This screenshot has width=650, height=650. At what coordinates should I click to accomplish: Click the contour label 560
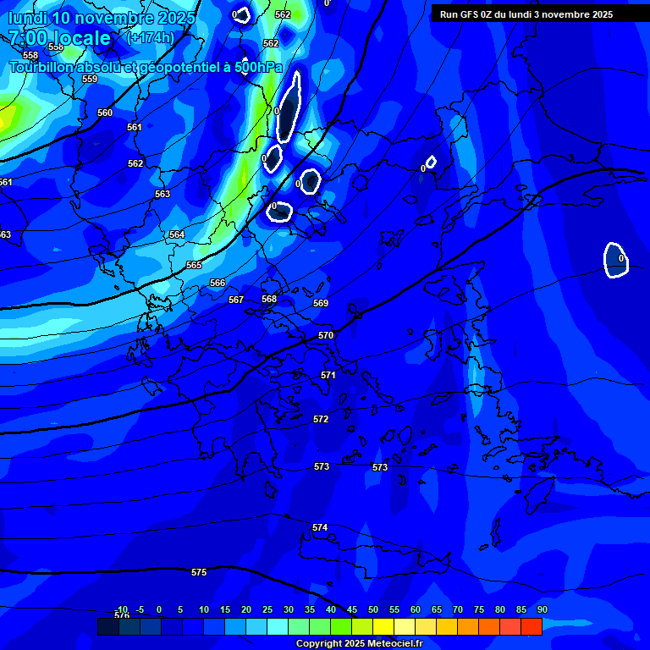[105, 113]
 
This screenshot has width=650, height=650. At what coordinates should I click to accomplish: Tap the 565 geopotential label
[194, 265]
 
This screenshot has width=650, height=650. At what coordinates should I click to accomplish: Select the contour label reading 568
[269, 299]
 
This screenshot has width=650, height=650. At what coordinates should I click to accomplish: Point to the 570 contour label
[326, 335]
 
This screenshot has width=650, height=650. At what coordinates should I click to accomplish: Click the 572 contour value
[321, 419]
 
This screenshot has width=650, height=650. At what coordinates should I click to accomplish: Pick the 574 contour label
[319, 527]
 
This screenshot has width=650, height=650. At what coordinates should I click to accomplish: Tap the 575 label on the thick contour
[199, 572]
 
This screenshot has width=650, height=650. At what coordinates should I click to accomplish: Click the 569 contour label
[321, 303]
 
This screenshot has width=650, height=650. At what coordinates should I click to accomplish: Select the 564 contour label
[176, 234]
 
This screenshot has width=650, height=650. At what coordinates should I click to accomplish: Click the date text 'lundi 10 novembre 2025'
[102, 18]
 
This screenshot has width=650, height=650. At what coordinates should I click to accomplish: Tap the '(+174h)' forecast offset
[150, 38]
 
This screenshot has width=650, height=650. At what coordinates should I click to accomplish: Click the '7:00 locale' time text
[59, 38]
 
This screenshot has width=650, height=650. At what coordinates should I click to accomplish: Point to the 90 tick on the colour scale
[542, 609]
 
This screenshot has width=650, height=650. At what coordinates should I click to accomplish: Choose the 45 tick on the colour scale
[351, 609]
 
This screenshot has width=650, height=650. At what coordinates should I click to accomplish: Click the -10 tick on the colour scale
[121, 609]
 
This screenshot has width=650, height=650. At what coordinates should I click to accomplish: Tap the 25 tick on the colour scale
[267, 609]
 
